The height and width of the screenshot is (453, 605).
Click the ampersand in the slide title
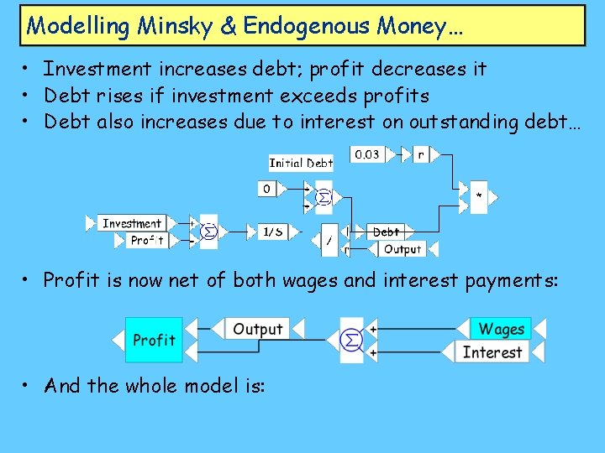[229, 26]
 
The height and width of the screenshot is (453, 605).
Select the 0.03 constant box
[366, 154]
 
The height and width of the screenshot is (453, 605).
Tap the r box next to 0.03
[420, 154]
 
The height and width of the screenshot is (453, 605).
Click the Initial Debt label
[301, 163]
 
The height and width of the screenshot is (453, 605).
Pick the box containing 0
[266, 189]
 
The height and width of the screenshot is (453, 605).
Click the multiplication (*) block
[479, 197]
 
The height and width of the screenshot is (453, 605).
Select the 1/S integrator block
[272, 232]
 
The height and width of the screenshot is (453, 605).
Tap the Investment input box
[131, 223]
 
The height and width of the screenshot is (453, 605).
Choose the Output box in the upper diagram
[402, 249]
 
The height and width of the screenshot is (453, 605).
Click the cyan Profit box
[154, 340]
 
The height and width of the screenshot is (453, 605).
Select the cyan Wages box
[501, 329]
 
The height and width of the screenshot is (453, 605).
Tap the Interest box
[492, 351]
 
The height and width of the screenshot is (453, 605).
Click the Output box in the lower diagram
[257, 329]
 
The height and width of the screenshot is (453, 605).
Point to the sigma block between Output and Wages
[352, 340]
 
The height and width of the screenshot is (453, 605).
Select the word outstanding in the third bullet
[463, 122]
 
